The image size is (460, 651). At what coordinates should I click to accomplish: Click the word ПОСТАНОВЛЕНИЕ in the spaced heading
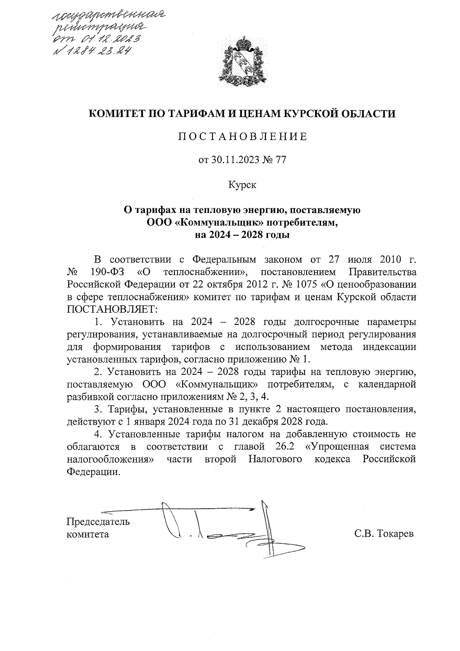pos(242,137)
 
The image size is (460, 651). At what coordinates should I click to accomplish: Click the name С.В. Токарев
pos(384,534)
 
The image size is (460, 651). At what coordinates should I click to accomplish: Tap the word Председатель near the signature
pos(98,522)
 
